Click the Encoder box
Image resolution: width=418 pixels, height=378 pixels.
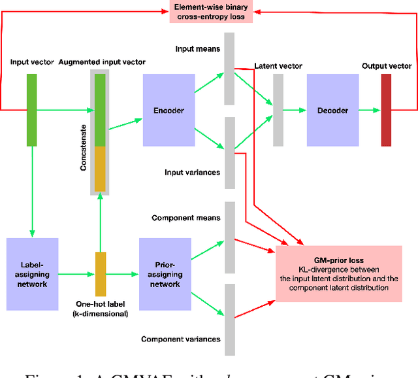169,110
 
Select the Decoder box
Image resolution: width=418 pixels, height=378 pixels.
332,111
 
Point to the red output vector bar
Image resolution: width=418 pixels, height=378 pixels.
385,110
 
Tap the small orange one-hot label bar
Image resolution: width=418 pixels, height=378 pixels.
100,273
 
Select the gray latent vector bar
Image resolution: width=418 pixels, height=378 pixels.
278,110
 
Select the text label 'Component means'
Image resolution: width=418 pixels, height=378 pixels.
185,218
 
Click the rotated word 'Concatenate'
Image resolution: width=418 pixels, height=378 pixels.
84,150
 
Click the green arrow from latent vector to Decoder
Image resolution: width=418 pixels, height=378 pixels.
295,111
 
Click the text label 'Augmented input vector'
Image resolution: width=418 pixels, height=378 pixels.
102,63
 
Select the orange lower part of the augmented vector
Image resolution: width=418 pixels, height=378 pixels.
100,168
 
